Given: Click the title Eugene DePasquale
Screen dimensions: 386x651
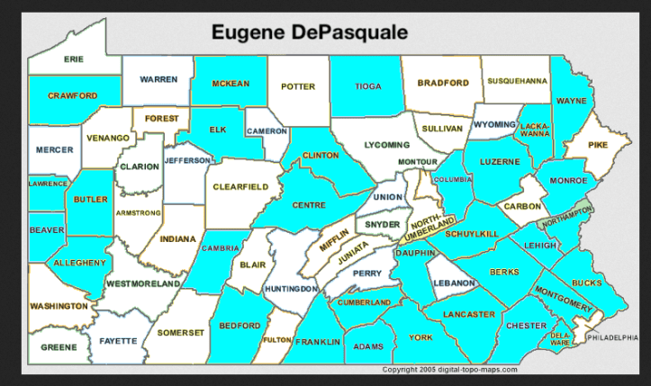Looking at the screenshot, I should pyautogui.click(x=309, y=32).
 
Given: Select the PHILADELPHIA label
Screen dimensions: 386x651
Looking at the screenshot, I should pyautogui.click(x=616, y=337).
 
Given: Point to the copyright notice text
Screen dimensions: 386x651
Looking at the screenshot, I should pyautogui.click(x=449, y=369).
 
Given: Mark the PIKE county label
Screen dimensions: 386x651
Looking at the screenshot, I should pyautogui.click(x=598, y=144).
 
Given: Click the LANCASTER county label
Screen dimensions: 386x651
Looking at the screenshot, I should pyautogui.click(x=469, y=314).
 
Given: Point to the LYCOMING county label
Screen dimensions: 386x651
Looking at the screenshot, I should pyautogui.click(x=387, y=144).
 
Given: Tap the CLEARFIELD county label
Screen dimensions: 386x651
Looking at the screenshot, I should pyautogui.click(x=240, y=186).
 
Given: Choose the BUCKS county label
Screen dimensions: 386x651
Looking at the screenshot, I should pyautogui.click(x=586, y=283).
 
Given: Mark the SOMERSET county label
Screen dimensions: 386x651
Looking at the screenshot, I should pyautogui.click(x=182, y=332).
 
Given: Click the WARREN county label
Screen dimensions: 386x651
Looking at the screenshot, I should pyautogui.click(x=158, y=79).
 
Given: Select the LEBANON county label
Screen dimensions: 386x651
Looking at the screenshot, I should pyautogui.click(x=453, y=283).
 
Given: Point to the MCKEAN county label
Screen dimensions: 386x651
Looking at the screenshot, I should pyautogui.click(x=230, y=83).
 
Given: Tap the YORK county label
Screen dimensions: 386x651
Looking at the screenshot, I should pyautogui.click(x=420, y=337).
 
